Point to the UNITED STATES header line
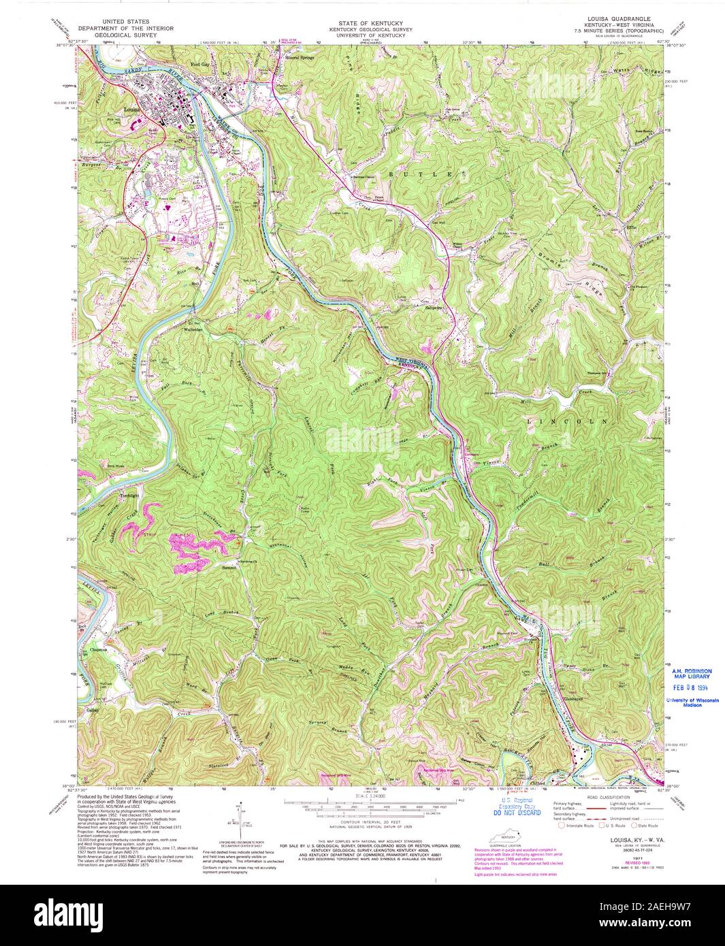[125, 22]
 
